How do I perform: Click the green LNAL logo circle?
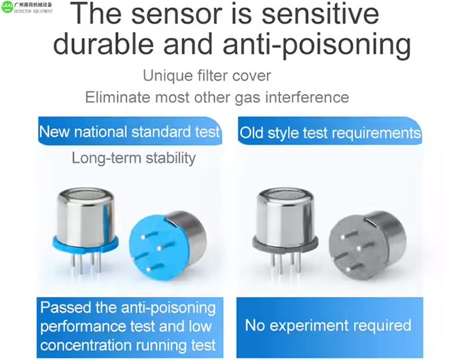tap(7, 7)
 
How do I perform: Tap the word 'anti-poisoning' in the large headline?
tap(317, 45)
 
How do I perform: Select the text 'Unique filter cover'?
tap(207, 76)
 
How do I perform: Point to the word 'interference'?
tap(307, 97)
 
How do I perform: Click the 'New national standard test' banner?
tap(130, 131)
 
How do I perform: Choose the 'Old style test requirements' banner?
tap(330, 131)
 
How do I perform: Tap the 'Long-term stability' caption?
tap(134, 158)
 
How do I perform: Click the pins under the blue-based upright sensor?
tap(86, 263)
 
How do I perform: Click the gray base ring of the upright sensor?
tap(285, 244)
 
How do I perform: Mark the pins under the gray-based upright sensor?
tap(286, 263)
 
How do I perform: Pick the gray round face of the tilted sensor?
tap(358, 249)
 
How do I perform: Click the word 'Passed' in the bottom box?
tap(66, 307)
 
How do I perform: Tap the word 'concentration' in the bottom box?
tap(86, 345)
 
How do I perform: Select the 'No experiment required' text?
tap(328, 325)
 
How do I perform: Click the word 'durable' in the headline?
tap(103, 44)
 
